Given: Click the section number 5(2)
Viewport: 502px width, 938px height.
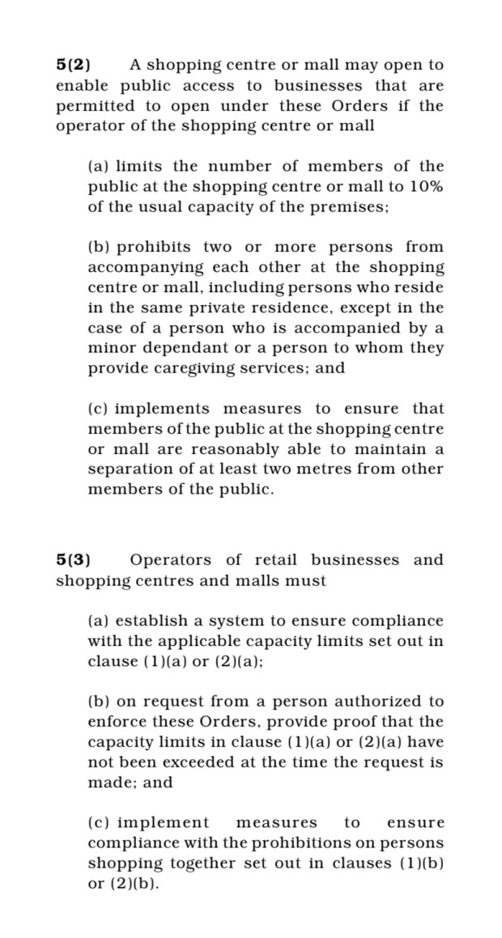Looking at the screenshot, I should (73, 65).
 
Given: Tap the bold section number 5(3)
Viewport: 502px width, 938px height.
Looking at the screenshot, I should (73, 560).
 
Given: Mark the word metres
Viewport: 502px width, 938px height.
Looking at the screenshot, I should (336, 469).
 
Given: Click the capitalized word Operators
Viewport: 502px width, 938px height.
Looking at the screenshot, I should (172, 560).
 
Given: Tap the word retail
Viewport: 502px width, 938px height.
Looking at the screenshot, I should (275, 560).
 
